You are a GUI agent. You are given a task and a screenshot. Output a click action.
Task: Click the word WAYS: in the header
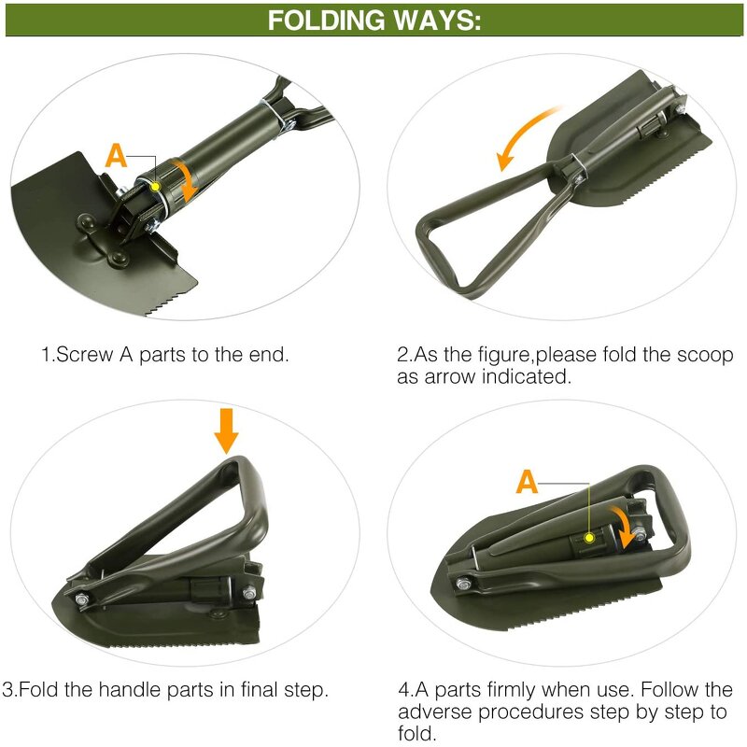tap(439, 21)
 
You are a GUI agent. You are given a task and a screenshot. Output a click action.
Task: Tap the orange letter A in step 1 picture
tap(116, 156)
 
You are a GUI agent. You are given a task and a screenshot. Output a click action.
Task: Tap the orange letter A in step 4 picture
tap(528, 482)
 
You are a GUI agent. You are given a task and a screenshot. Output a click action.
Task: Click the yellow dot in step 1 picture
tap(155, 188)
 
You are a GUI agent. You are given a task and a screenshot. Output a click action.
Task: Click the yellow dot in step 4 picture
tap(590, 538)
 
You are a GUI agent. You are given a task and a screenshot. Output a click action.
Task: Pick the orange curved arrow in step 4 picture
tap(620, 523)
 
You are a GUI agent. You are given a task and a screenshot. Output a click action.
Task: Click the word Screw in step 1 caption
tap(81, 355)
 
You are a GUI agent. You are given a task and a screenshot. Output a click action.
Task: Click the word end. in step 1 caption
tap(269, 355)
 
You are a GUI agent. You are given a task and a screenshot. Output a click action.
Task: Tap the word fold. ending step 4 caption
tap(416, 734)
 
